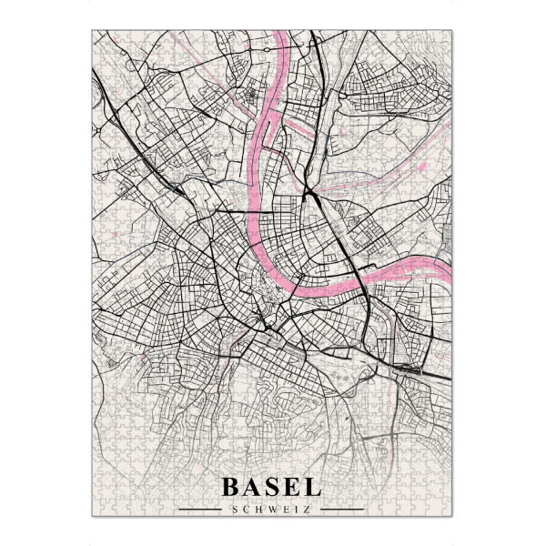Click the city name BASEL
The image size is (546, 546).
[271, 487]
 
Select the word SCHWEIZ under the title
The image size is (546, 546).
[271, 510]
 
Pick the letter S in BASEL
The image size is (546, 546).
[272, 487]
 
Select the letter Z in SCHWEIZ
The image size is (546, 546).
[307, 510]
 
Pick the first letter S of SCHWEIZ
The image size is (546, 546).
[236, 510]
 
